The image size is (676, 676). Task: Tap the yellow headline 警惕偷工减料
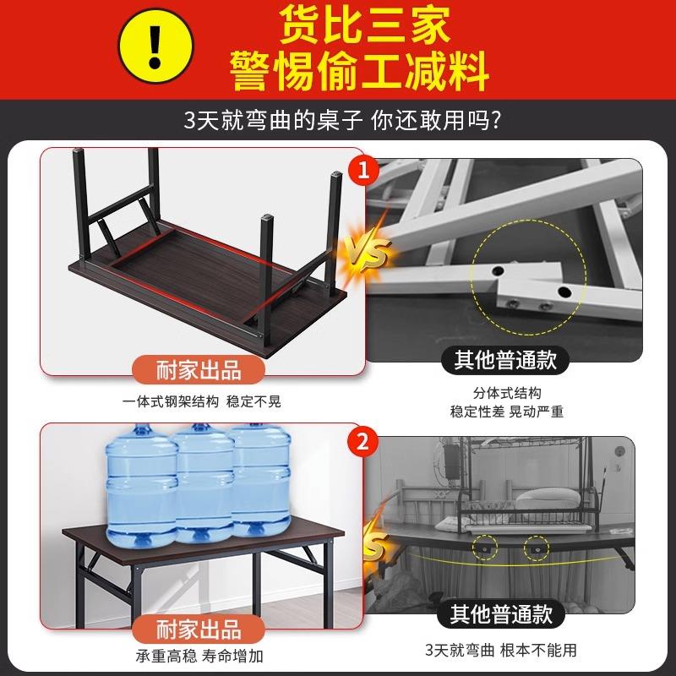(x=359, y=70)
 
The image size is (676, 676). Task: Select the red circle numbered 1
(x=364, y=172)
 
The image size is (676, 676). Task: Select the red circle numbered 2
(x=363, y=441)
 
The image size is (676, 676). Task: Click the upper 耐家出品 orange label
(x=199, y=369)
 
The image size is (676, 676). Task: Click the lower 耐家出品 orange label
(x=199, y=629)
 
